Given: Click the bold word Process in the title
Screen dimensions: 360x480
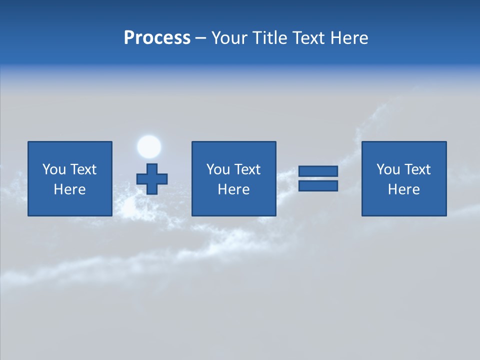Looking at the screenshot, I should pyautogui.click(x=157, y=38).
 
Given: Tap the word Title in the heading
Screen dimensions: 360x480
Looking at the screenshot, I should pyautogui.click(x=270, y=38).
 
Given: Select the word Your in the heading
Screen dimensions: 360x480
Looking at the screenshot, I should pyautogui.click(x=230, y=38).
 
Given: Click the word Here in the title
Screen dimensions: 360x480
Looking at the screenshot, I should pyautogui.click(x=349, y=38).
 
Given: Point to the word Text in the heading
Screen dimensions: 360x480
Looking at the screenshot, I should pyautogui.click(x=308, y=38).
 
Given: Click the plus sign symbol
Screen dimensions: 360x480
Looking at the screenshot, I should pyautogui.click(x=152, y=178).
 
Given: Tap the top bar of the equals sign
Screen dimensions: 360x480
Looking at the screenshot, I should pyautogui.click(x=318, y=171).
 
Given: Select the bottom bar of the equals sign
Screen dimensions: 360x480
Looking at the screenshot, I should pyautogui.click(x=318, y=185).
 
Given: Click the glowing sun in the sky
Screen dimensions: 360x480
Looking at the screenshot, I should pyautogui.click(x=149, y=146).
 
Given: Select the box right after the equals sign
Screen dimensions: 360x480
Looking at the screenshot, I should pyautogui.click(x=404, y=178).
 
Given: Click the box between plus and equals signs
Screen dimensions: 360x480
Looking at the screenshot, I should pyautogui.click(x=233, y=178).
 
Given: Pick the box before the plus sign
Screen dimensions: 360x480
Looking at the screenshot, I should pyautogui.click(x=69, y=178).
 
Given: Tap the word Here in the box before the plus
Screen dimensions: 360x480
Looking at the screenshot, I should pyautogui.click(x=69, y=189).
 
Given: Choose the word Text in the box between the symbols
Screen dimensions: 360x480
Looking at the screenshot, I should pyautogui.click(x=247, y=169).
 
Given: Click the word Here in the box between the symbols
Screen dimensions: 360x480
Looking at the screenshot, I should pyautogui.click(x=233, y=189).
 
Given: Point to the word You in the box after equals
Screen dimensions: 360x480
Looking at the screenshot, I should pyautogui.click(x=388, y=169).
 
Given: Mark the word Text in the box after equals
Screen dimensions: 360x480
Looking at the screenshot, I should pyautogui.click(x=417, y=169).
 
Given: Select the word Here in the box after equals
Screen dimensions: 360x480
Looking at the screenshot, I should pyautogui.click(x=403, y=189).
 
